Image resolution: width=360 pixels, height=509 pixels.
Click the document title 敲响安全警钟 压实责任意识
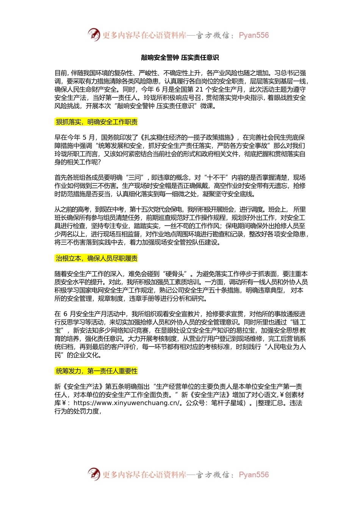tap(180, 58)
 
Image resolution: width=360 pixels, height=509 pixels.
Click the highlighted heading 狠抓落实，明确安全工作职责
tap(96, 122)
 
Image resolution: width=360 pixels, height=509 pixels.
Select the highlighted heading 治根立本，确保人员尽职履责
tap(96, 259)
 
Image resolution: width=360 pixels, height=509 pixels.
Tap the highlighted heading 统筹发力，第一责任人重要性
tap(96, 371)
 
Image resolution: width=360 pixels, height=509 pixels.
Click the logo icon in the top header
tap(94, 35)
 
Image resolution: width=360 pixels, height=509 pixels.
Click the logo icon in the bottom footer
tap(94, 474)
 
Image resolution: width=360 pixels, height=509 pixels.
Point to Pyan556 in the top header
tap(254, 35)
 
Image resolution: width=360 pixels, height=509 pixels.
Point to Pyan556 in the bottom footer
tap(254, 475)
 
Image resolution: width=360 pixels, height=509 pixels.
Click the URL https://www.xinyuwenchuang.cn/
tap(126, 403)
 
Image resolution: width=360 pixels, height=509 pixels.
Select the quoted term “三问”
tap(135, 178)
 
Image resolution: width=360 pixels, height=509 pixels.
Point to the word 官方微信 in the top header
tap(212, 35)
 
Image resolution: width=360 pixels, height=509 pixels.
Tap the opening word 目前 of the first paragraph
tap(61, 73)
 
